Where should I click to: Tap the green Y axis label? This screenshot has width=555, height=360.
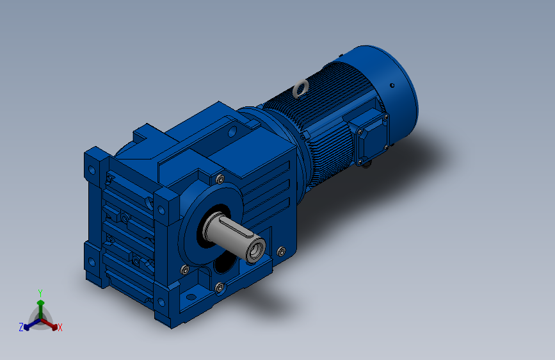coord(40,293)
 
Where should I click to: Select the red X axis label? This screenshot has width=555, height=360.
coord(60,327)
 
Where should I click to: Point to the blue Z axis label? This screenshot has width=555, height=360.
coord(21,327)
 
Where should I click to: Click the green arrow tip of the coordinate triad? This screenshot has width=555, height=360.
coord(41,303)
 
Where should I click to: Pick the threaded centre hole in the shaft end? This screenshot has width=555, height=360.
coord(255,250)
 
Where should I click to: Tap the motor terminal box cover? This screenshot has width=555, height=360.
coord(370,136)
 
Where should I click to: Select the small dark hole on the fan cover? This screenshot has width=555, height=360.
coord(392,85)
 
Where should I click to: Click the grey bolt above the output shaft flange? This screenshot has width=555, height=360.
coord(220,179)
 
